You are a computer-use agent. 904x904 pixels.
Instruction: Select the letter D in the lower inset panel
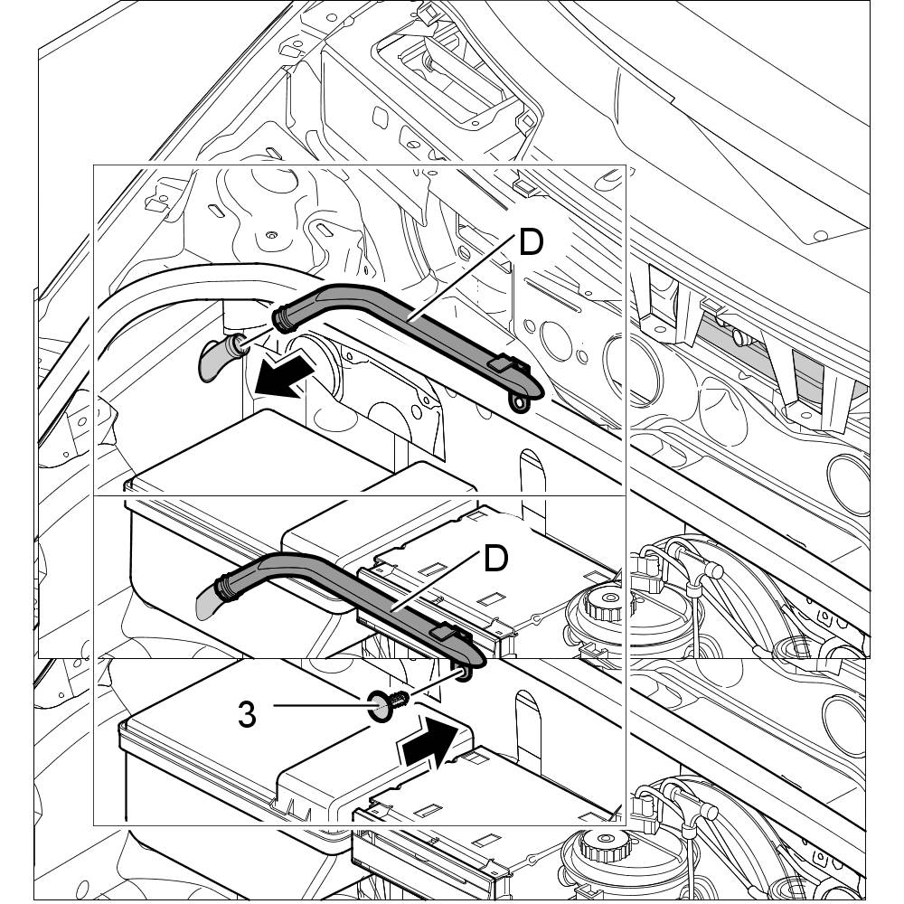pos(495,559)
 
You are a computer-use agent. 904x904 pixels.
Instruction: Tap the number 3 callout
pos(247,713)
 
